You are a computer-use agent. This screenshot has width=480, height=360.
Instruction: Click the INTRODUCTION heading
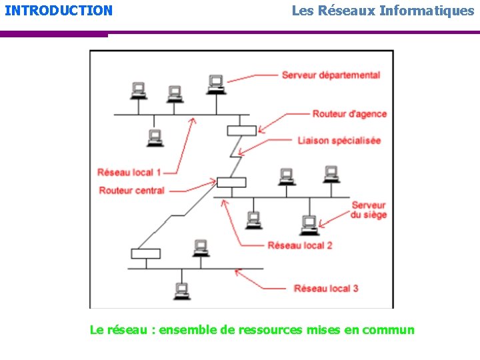(x=59, y=11)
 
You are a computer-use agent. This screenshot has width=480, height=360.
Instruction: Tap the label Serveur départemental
(x=331, y=75)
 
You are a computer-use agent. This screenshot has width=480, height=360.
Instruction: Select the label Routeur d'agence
(x=349, y=114)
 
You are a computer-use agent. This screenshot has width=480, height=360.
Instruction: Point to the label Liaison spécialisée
(x=339, y=141)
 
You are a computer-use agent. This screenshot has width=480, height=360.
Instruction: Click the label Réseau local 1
(x=129, y=173)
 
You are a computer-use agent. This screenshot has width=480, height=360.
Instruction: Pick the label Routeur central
(x=131, y=191)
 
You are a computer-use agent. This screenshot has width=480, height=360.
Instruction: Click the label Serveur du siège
(x=369, y=210)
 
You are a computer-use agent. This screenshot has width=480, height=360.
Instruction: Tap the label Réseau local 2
(x=300, y=245)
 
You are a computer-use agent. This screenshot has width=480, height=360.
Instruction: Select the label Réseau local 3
(x=326, y=288)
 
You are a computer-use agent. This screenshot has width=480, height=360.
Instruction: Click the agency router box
(x=241, y=130)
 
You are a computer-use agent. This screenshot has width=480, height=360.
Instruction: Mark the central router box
(x=231, y=182)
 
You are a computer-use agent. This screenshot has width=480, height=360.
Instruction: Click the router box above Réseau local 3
(x=145, y=253)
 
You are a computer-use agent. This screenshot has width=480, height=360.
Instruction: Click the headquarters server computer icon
(x=309, y=224)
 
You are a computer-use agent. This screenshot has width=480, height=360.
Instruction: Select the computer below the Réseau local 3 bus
(x=181, y=291)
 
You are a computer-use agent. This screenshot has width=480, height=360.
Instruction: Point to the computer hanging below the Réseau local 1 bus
(x=155, y=137)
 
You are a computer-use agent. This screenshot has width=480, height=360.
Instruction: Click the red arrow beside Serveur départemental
(x=253, y=77)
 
